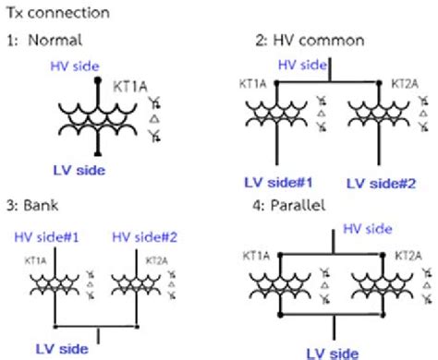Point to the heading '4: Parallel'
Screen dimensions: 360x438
(294, 207)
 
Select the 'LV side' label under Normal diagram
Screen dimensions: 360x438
(79, 170)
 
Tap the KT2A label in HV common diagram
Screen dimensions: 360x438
(405, 83)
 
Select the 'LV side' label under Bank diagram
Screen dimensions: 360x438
(61, 349)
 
